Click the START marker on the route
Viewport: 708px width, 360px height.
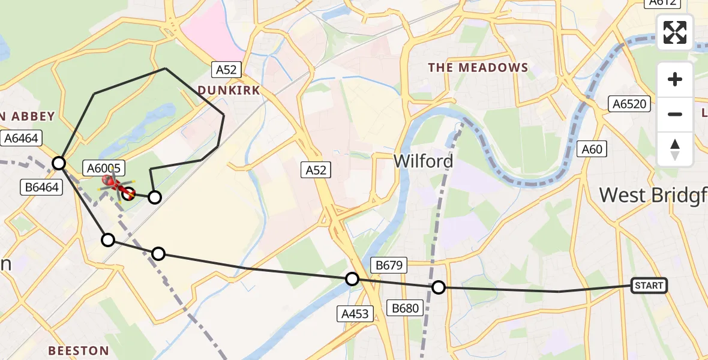click(x=649, y=286)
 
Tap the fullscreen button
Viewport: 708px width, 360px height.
click(x=675, y=32)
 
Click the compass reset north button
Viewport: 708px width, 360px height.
click(x=675, y=150)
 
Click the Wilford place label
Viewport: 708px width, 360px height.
click(x=423, y=161)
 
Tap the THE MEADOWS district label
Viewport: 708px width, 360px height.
click(x=478, y=68)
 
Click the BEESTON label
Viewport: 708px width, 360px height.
click(x=79, y=350)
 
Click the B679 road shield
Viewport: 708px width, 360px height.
click(x=389, y=265)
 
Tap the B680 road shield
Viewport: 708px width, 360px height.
click(x=406, y=308)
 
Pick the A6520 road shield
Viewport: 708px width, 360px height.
click(x=629, y=104)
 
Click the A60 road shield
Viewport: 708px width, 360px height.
click(x=592, y=149)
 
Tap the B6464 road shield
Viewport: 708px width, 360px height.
click(x=41, y=187)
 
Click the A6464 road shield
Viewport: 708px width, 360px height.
click(x=21, y=139)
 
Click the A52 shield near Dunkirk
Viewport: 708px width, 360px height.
click(x=226, y=70)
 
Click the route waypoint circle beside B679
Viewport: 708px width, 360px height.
click(x=352, y=279)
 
